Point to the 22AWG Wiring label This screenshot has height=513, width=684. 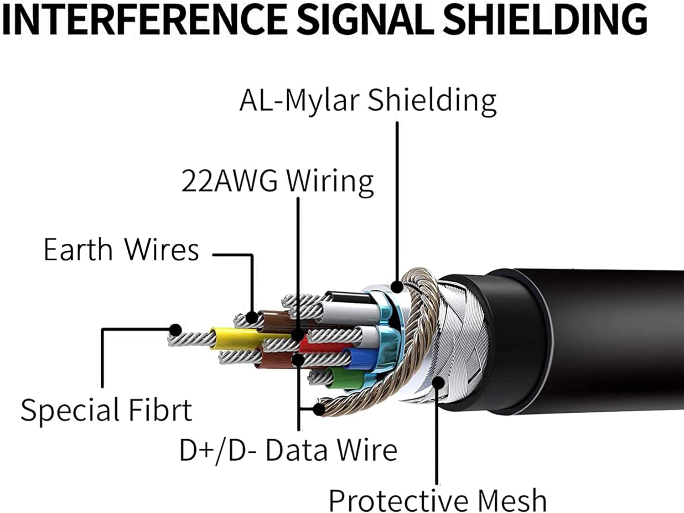[278, 181]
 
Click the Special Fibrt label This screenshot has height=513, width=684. [106, 409]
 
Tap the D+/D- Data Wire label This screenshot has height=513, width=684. [288, 450]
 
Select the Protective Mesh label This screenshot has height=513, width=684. [437, 500]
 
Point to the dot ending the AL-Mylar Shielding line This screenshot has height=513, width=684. [397, 287]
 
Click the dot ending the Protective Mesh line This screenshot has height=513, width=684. [438, 382]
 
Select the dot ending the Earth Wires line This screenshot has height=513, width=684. [251, 317]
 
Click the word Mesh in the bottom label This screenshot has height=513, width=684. [513, 500]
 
